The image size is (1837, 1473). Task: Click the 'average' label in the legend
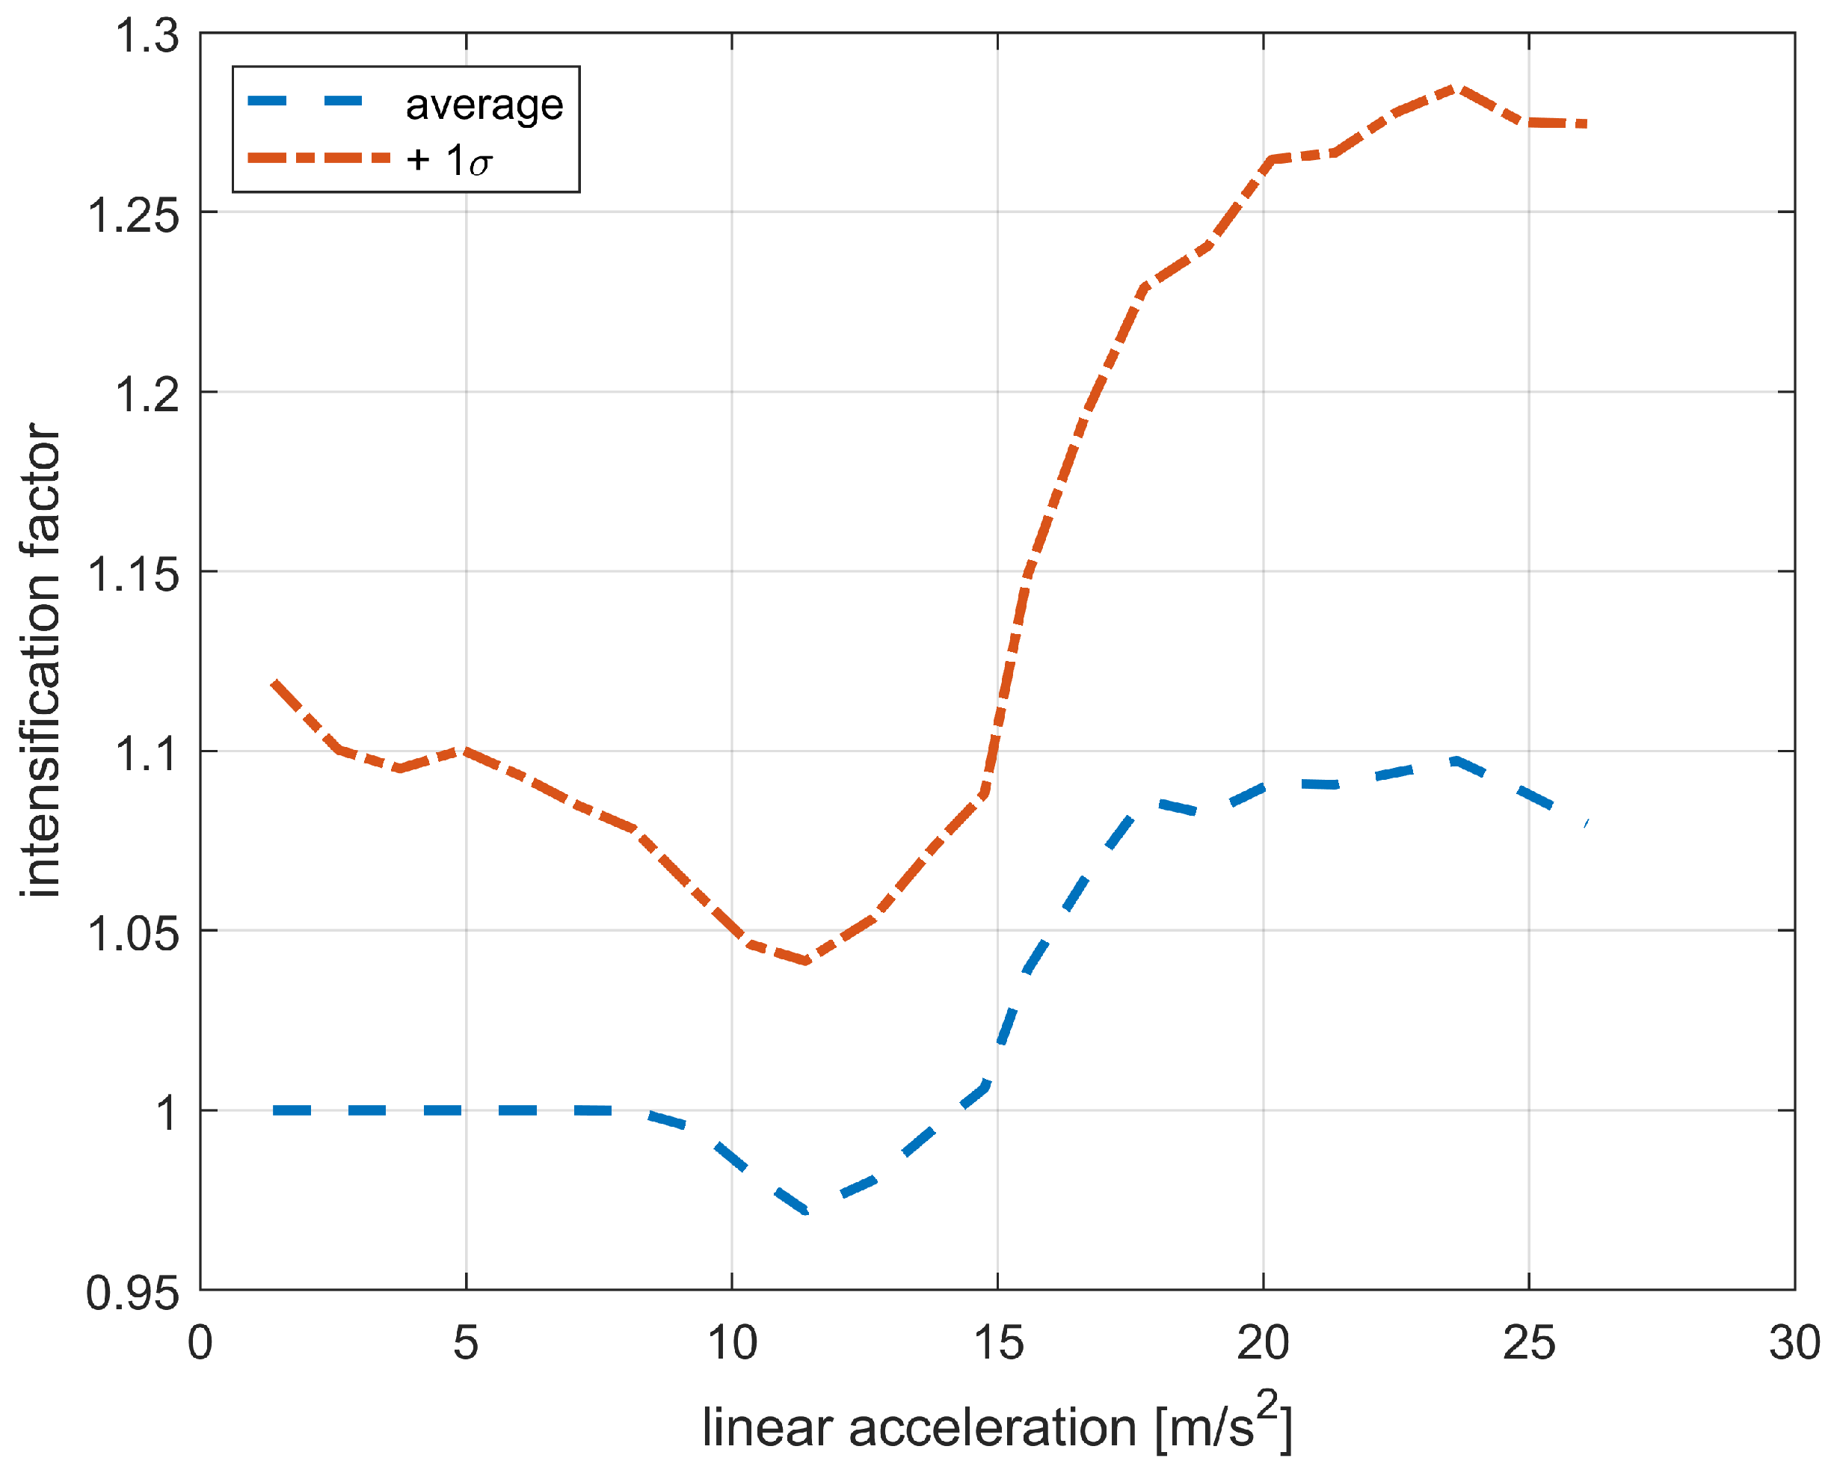click(484, 105)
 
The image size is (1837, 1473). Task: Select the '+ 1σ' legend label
click(449, 159)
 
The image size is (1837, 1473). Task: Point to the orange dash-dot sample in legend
click(318, 158)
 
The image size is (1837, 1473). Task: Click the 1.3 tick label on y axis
click(147, 37)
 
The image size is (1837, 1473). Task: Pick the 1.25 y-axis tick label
click(134, 215)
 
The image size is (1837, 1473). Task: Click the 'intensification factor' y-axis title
click(41, 660)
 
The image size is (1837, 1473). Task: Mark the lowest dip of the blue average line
click(805, 1210)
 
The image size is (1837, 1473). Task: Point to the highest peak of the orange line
click(1458, 88)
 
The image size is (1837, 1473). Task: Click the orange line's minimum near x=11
click(805, 961)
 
